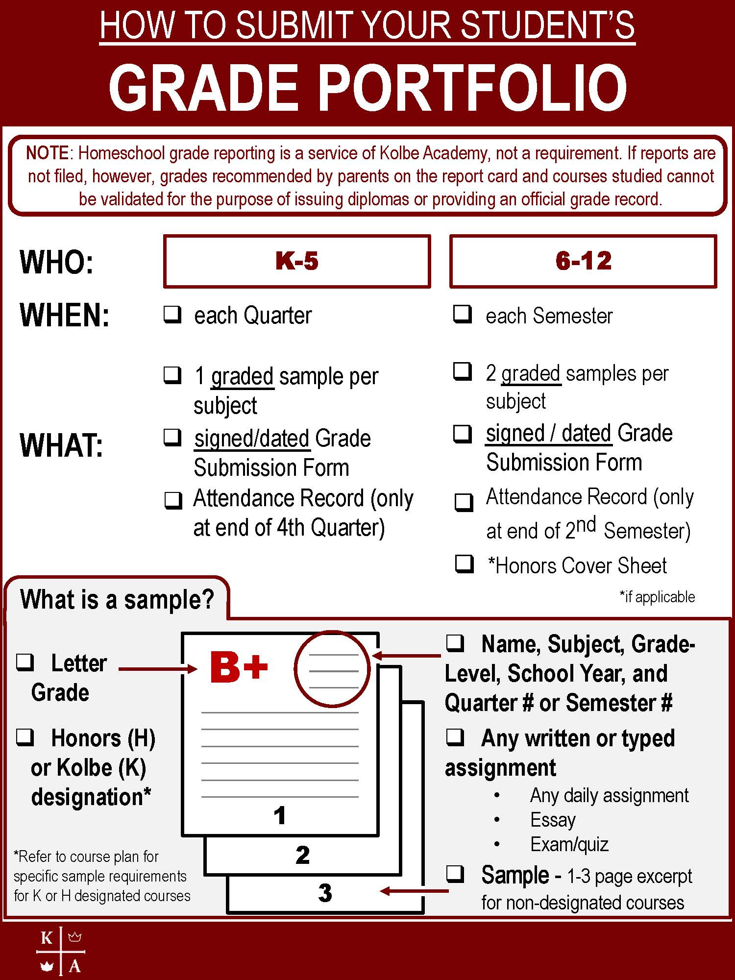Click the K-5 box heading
(297, 261)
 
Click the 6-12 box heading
(583, 261)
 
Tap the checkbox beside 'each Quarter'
(172, 314)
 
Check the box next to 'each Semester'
(463, 314)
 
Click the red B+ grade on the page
(239, 667)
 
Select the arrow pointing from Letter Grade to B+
(157, 669)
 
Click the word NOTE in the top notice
(48, 153)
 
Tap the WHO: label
(56, 262)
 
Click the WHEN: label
(64, 315)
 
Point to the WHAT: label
(61, 446)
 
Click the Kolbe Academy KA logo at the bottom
(61, 951)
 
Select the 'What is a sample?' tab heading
(117, 599)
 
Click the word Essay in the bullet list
(553, 820)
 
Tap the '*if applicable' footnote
(657, 597)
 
